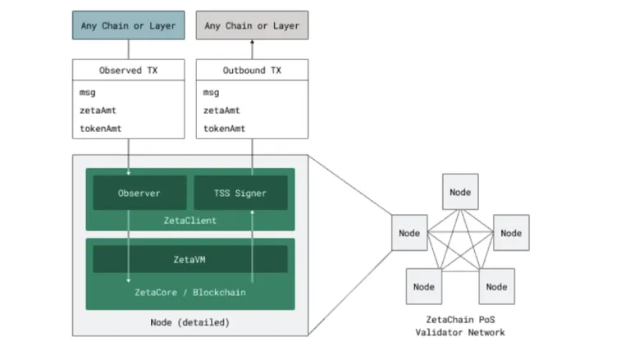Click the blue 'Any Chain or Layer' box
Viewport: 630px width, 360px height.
(129, 25)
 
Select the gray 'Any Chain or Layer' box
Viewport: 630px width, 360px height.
(253, 25)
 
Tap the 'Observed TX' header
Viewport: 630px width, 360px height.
(129, 71)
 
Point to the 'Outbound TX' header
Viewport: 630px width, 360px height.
(253, 71)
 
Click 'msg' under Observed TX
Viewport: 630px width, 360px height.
(88, 93)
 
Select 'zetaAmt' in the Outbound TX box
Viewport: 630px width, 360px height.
(221, 111)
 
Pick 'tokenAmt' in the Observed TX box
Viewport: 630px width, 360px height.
(100, 129)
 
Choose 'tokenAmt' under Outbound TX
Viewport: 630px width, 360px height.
(224, 129)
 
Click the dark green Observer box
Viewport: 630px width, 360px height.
(139, 193)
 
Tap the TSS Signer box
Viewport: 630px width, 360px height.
(240, 193)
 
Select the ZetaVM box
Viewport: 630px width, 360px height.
(190, 260)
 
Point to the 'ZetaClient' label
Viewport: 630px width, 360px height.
(190, 221)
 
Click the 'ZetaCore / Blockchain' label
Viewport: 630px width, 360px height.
(190, 293)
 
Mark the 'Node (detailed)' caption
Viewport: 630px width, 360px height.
(190, 322)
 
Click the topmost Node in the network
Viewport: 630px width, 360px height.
(460, 192)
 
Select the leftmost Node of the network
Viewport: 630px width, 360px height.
(409, 233)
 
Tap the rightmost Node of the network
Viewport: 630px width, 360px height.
(511, 233)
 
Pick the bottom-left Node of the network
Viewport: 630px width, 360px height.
(424, 286)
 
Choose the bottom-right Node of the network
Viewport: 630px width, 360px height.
(496, 286)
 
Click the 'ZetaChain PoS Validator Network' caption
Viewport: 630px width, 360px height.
(460, 326)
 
